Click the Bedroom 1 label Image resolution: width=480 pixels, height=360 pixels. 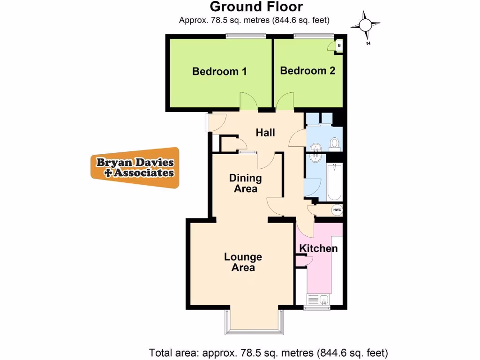[x=219, y=72]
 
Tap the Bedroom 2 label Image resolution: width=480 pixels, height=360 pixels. [x=307, y=71]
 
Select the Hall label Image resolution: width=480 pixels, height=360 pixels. [x=265, y=133]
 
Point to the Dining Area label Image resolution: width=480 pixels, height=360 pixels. [x=245, y=183]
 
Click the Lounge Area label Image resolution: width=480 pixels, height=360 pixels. [x=243, y=262]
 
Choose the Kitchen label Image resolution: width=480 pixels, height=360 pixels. [x=318, y=248]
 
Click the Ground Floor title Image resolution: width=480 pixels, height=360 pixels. [x=256, y=7]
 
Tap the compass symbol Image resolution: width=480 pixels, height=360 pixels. [x=367, y=25]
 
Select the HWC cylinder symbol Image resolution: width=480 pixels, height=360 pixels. [x=337, y=210]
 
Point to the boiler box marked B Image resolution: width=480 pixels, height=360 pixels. [x=339, y=45]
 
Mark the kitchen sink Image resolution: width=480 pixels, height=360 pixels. [x=319, y=299]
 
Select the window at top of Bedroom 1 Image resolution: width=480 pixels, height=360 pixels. [x=246, y=36]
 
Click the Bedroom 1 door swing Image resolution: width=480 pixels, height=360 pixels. [x=247, y=101]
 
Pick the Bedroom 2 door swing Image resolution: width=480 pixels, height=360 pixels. [x=285, y=101]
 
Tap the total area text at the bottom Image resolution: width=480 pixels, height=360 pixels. [x=269, y=352]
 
